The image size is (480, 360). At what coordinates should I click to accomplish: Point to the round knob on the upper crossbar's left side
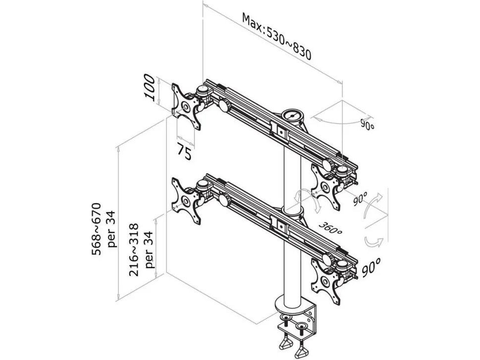pyautogui.click(x=223, y=105)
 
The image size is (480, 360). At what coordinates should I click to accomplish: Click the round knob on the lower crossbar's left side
pyautogui.click(x=223, y=200)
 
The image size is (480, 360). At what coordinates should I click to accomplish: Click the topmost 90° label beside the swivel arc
pyautogui.click(x=368, y=125)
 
